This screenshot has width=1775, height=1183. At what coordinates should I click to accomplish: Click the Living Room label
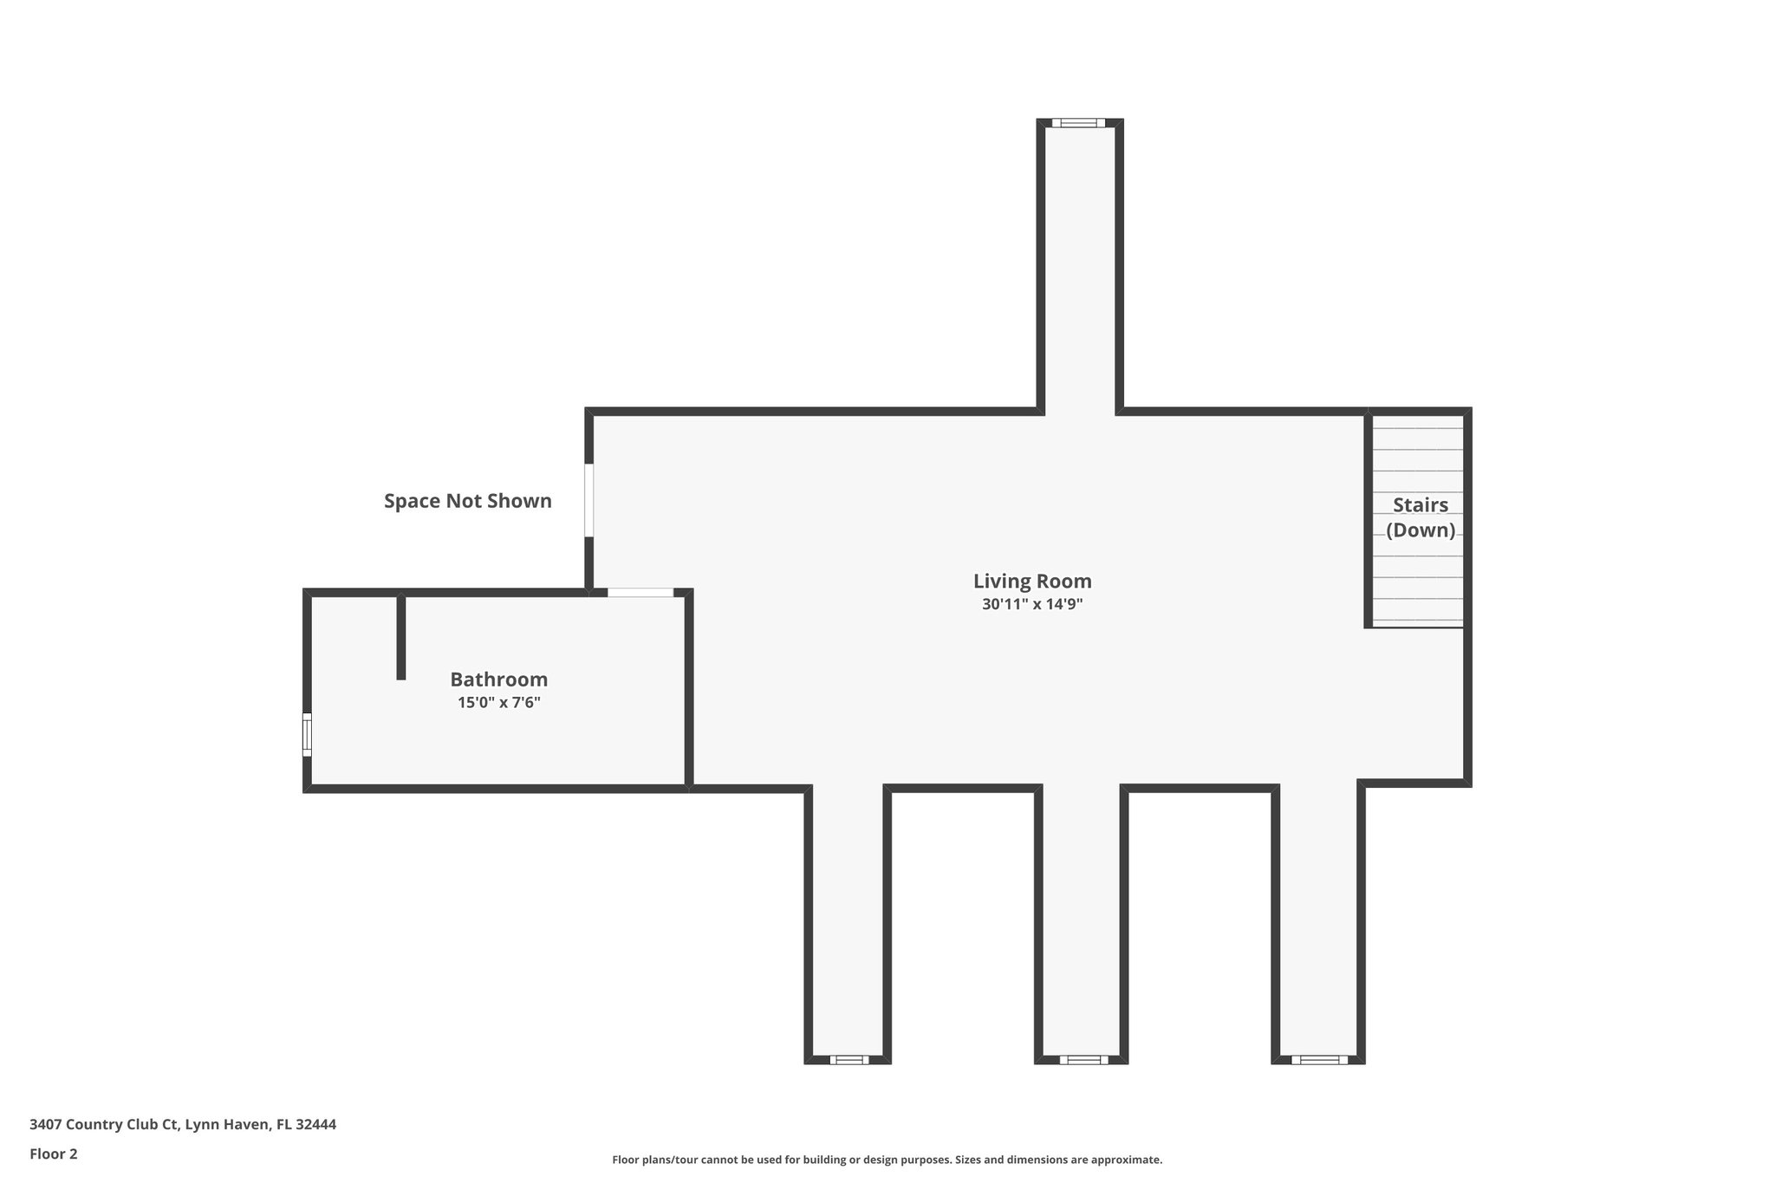(1031, 581)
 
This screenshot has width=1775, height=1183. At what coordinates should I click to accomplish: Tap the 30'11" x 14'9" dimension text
(1031, 605)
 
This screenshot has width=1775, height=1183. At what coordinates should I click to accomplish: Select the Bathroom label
(498, 679)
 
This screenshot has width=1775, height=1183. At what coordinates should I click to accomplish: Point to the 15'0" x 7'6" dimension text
(498, 703)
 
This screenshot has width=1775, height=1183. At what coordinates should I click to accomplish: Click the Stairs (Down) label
(1420, 517)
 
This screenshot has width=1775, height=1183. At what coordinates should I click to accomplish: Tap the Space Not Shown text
(467, 501)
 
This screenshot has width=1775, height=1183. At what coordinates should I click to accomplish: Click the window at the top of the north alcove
(1078, 123)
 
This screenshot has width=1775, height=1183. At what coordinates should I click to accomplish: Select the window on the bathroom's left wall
(307, 734)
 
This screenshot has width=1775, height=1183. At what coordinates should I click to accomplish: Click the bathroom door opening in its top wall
(640, 593)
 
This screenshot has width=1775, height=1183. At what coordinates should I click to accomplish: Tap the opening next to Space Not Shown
(589, 500)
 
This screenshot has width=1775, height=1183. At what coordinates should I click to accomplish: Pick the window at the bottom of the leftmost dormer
(848, 1059)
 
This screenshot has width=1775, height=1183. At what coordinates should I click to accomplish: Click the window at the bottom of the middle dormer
(1083, 1059)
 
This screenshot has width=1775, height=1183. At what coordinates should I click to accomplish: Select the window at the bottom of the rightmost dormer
(1319, 1059)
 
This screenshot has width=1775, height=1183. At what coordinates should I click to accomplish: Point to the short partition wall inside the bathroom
(400, 637)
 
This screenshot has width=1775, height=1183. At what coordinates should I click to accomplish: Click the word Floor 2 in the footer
(54, 1154)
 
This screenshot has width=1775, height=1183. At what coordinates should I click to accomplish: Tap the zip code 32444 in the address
(315, 1125)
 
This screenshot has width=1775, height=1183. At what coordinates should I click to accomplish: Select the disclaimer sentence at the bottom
(887, 1160)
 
